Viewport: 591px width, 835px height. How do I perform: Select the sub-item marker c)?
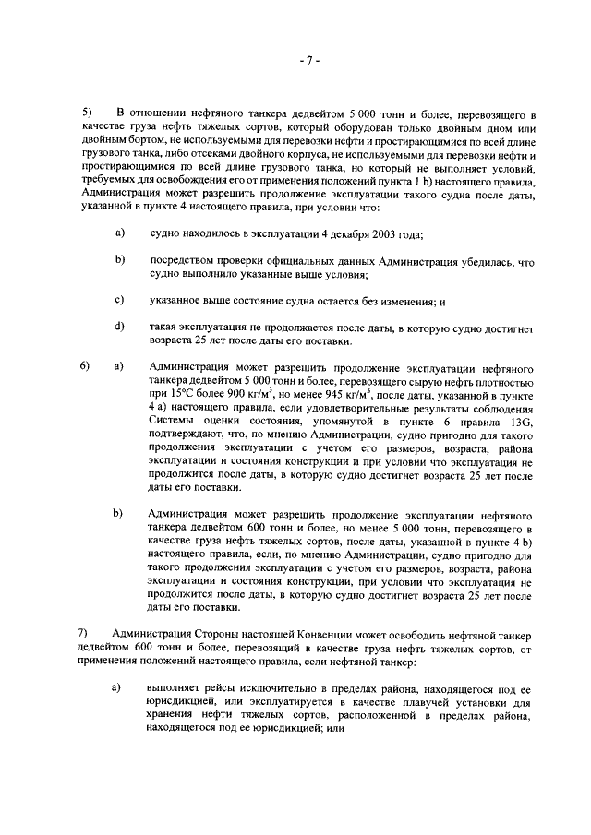pos(120,300)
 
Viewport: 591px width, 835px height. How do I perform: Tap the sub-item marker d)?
pos(120,327)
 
